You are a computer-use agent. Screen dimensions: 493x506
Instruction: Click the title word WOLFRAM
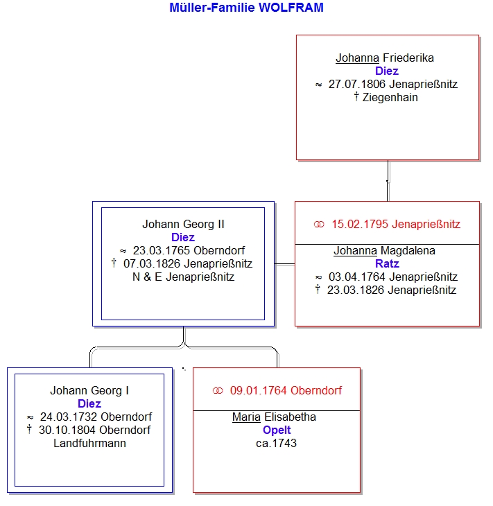291,8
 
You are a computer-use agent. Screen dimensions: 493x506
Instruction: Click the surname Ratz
387,263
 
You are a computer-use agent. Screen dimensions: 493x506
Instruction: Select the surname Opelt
277,430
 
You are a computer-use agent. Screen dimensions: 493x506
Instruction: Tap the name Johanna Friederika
385,58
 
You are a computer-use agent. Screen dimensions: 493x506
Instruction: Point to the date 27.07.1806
357,84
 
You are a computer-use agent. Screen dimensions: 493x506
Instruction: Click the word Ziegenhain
390,97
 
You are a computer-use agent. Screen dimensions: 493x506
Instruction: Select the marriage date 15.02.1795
360,224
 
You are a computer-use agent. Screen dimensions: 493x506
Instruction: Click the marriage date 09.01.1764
258,390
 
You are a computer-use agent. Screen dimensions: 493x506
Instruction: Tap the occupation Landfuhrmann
89,443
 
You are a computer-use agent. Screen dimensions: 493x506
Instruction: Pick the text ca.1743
277,443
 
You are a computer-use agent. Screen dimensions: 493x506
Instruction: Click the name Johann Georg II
183,224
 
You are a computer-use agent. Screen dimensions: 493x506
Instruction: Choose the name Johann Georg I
89,390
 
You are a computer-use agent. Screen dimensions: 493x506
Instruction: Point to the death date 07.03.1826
152,263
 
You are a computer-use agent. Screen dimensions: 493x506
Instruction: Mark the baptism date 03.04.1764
357,277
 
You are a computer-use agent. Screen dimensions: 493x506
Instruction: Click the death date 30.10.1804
67,430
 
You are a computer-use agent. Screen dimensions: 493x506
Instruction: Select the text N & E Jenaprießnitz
183,277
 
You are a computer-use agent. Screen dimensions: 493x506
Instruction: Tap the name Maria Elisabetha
274,417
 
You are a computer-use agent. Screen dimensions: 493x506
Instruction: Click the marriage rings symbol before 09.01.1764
218,391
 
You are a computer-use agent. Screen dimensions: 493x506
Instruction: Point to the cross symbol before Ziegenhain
356,96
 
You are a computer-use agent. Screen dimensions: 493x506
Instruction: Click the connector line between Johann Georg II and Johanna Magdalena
284,264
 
